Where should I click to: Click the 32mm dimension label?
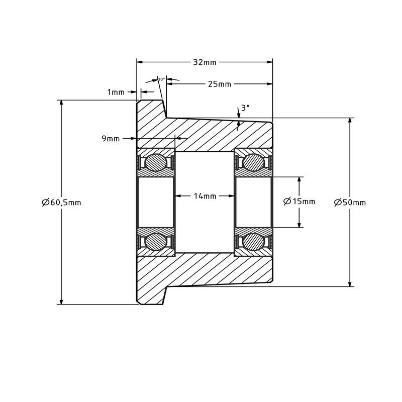point(205,62)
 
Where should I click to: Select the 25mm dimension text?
point(220,84)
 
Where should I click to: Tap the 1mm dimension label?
point(116,92)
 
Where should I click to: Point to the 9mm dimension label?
point(111,139)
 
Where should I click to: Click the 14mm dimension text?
point(205,196)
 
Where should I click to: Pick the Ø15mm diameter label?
point(299,202)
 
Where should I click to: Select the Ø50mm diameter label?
point(350,203)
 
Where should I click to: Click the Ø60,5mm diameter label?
point(61,203)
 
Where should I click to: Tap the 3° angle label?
point(245,108)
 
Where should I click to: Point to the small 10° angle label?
point(161,79)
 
